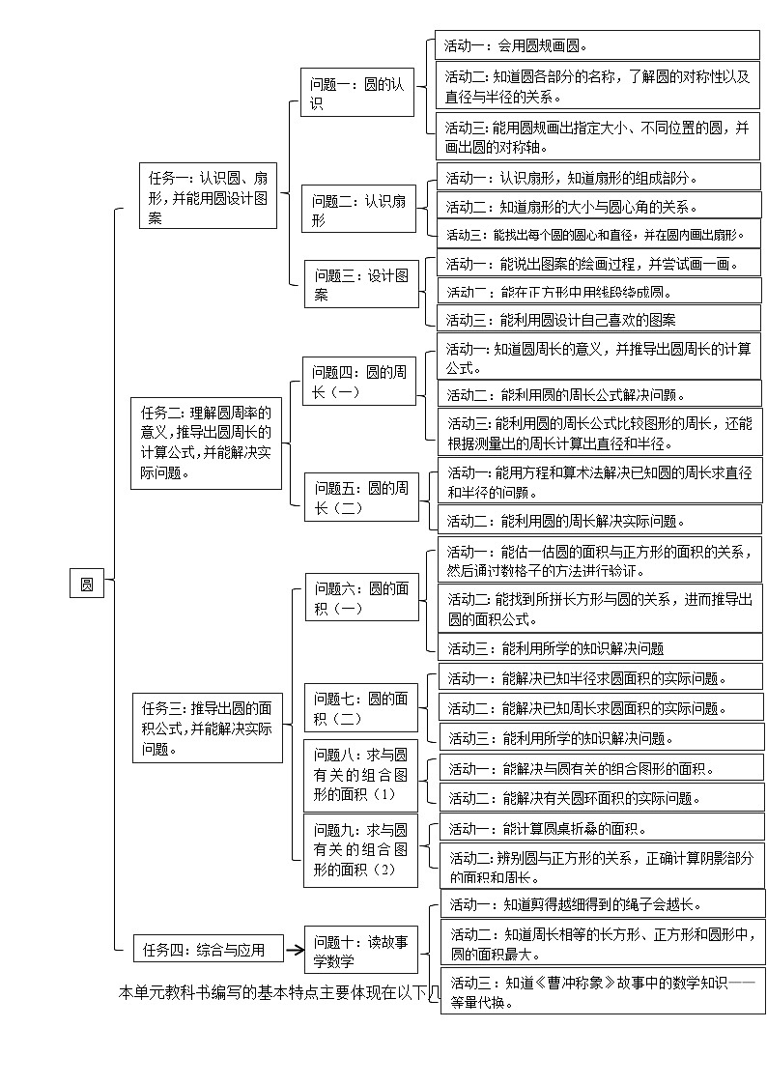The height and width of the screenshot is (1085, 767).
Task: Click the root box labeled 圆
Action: click(x=87, y=584)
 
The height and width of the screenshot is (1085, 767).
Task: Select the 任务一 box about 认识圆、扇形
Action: click(x=208, y=198)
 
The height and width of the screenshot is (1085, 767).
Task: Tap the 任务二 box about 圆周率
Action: click(x=206, y=443)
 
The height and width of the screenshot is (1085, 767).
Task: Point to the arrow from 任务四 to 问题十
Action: click(x=295, y=950)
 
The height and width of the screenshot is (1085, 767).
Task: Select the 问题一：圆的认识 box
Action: click(x=356, y=94)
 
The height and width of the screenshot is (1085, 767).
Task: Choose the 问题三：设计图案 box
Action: click(x=361, y=284)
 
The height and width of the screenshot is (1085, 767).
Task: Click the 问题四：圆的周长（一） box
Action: click(x=359, y=382)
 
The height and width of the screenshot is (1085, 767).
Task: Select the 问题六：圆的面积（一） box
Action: click(x=361, y=598)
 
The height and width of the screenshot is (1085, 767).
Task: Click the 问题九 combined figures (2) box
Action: click(x=360, y=849)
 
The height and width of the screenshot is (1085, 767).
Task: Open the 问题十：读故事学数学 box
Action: click(x=360, y=951)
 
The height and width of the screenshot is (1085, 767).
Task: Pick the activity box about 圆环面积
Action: click(x=600, y=798)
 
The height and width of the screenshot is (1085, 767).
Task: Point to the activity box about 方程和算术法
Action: click(x=600, y=481)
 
